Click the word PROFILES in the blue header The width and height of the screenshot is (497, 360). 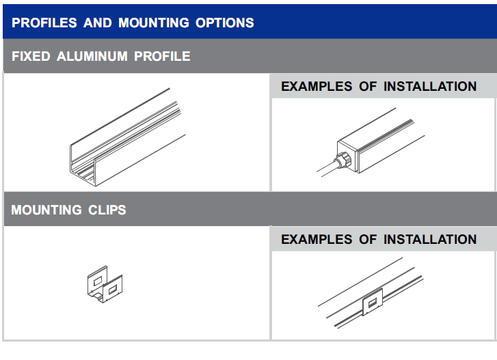tap(44, 23)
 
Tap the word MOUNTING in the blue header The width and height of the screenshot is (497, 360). tap(154, 23)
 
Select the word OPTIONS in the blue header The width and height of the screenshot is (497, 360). tap(225, 23)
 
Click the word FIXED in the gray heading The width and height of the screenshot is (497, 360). tap(31, 57)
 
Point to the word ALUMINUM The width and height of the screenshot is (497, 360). tap(92, 57)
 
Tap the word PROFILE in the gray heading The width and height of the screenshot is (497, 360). tap(162, 57)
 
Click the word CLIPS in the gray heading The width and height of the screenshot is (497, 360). tap(107, 210)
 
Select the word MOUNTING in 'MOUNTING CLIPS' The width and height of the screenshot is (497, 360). tap(46, 210)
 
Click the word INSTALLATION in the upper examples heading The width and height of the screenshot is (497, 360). tap(430, 87)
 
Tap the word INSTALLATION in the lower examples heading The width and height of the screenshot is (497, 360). tap(430, 239)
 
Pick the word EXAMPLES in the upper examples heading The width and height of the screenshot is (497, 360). tap(317, 87)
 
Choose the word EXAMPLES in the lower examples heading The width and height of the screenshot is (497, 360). tap(317, 239)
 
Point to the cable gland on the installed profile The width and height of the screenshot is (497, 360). tap(344, 161)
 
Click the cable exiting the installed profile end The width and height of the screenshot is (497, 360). tap(327, 169)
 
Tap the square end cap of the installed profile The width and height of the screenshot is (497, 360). tap(347, 156)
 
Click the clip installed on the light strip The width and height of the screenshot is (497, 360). tap(373, 302)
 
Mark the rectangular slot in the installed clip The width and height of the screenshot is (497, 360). tap(373, 303)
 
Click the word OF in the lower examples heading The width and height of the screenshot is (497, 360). tap(368, 239)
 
